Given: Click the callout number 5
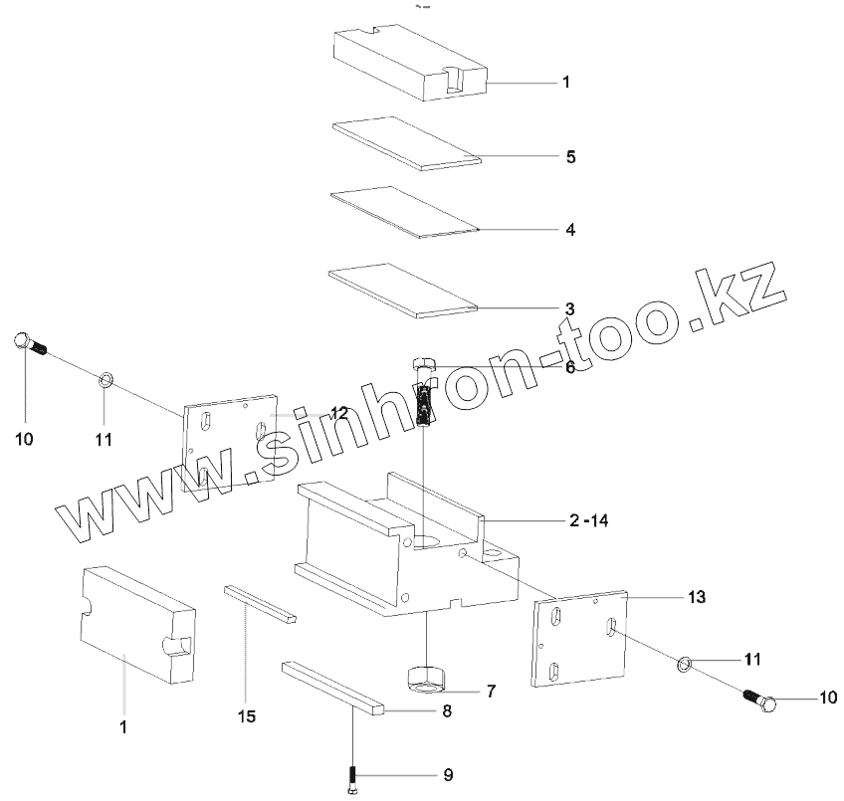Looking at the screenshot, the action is (x=571, y=157).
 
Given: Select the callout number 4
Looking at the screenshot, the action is (x=570, y=230).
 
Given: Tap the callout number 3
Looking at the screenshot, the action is (x=570, y=307).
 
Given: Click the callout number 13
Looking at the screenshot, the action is (x=696, y=597).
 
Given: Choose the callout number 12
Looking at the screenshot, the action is (x=339, y=412).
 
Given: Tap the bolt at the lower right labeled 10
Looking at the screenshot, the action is (x=761, y=701).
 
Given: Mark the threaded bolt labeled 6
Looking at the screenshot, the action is (x=424, y=393).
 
